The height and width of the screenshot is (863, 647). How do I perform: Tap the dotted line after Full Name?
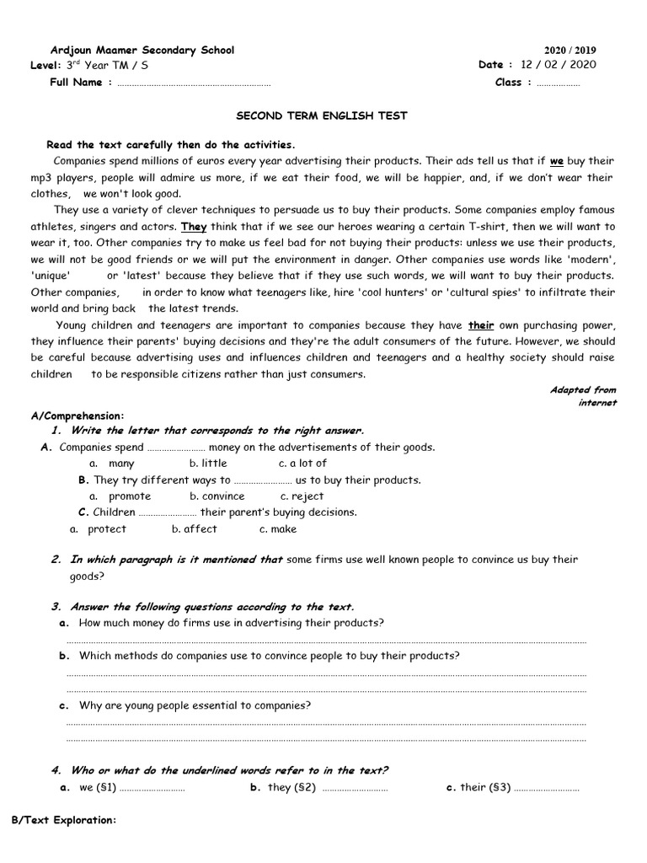pyautogui.click(x=194, y=83)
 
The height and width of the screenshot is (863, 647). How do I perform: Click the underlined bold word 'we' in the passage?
pyautogui.click(x=556, y=160)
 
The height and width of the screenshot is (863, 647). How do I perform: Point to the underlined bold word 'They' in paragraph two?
pyautogui.click(x=194, y=227)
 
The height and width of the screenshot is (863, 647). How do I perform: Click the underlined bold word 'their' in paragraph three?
pyautogui.click(x=481, y=324)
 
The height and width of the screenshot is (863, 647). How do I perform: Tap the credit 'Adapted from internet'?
pyautogui.click(x=583, y=396)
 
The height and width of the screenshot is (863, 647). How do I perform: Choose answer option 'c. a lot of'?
pyautogui.click(x=302, y=464)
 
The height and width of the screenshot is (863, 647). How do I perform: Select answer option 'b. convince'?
pyautogui.click(x=217, y=496)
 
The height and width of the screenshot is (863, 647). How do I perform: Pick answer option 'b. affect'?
pyautogui.click(x=195, y=529)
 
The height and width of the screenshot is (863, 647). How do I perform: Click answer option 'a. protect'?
pyautogui.click(x=99, y=529)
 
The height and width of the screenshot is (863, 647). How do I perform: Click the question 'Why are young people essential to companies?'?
pyautogui.click(x=195, y=705)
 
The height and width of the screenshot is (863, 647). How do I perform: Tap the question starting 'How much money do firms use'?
pyautogui.click(x=231, y=623)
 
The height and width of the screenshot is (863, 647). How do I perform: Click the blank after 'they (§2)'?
pyautogui.click(x=355, y=789)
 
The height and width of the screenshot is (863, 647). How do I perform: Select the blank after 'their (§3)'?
pyautogui.click(x=547, y=789)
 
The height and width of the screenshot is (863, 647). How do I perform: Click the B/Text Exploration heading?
pyautogui.click(x=63, y=820)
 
